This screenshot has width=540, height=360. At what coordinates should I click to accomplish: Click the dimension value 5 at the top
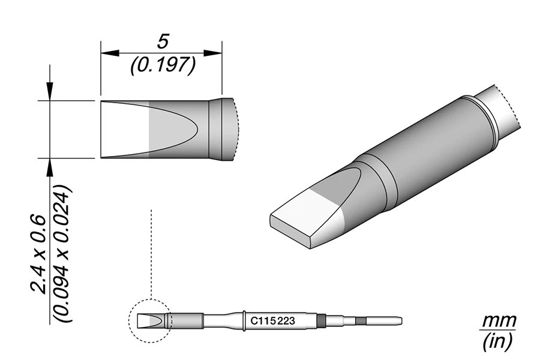coord(161,41)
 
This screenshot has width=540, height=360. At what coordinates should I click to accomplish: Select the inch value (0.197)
coord(161,65)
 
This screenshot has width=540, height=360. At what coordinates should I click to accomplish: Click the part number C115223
coord(272,321)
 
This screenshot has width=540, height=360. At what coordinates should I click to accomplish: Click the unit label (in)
coord(499,342)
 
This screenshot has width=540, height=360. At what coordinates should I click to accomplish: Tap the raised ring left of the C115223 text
coord(245,320)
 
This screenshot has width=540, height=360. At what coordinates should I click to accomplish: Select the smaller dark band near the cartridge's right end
coord(359,320)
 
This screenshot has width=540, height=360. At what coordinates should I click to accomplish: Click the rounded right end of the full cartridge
coord(400,320)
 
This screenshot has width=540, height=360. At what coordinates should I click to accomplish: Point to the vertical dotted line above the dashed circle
coord(152,252)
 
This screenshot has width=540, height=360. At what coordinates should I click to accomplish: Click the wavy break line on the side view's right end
coord(238,130)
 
